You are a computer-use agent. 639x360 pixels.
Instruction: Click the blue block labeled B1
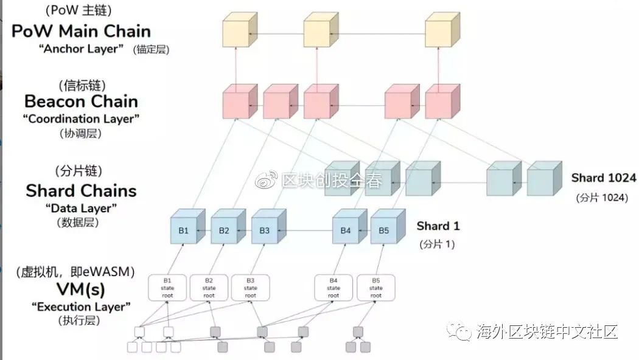(x=183, y=231)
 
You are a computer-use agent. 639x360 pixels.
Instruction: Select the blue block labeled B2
(x=224, y=231)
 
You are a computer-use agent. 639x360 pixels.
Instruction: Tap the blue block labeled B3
(x=264, y=231)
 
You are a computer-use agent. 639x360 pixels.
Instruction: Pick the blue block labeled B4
(x=345, y=231)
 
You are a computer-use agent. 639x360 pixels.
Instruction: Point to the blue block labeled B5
(x=383, y=231)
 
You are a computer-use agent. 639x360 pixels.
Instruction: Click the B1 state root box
(x=167, y=288)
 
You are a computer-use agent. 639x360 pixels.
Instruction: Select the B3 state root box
(x=250, y=288)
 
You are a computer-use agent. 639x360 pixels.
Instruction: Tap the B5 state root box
(x=375, y=288)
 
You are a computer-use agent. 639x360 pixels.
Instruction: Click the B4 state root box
(x=333, y=288)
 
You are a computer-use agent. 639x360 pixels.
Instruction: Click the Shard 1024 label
(x=603, y=178)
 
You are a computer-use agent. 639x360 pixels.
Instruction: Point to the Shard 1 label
(x=438, y=226)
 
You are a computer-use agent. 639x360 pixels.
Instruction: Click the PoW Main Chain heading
(x=81, y=31)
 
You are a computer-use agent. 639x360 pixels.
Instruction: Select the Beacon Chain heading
(x=81, y=101)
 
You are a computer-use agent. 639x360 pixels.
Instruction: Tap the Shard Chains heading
(x=81, y=190)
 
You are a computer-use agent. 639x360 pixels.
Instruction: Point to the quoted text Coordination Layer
(x=81, y=119)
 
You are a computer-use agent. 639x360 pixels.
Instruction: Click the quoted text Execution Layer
(x=81, y=306)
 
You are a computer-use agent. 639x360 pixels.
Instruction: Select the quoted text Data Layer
(x=81, y=208)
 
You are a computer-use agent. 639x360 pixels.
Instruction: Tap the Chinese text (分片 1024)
(x=602, y=198)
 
